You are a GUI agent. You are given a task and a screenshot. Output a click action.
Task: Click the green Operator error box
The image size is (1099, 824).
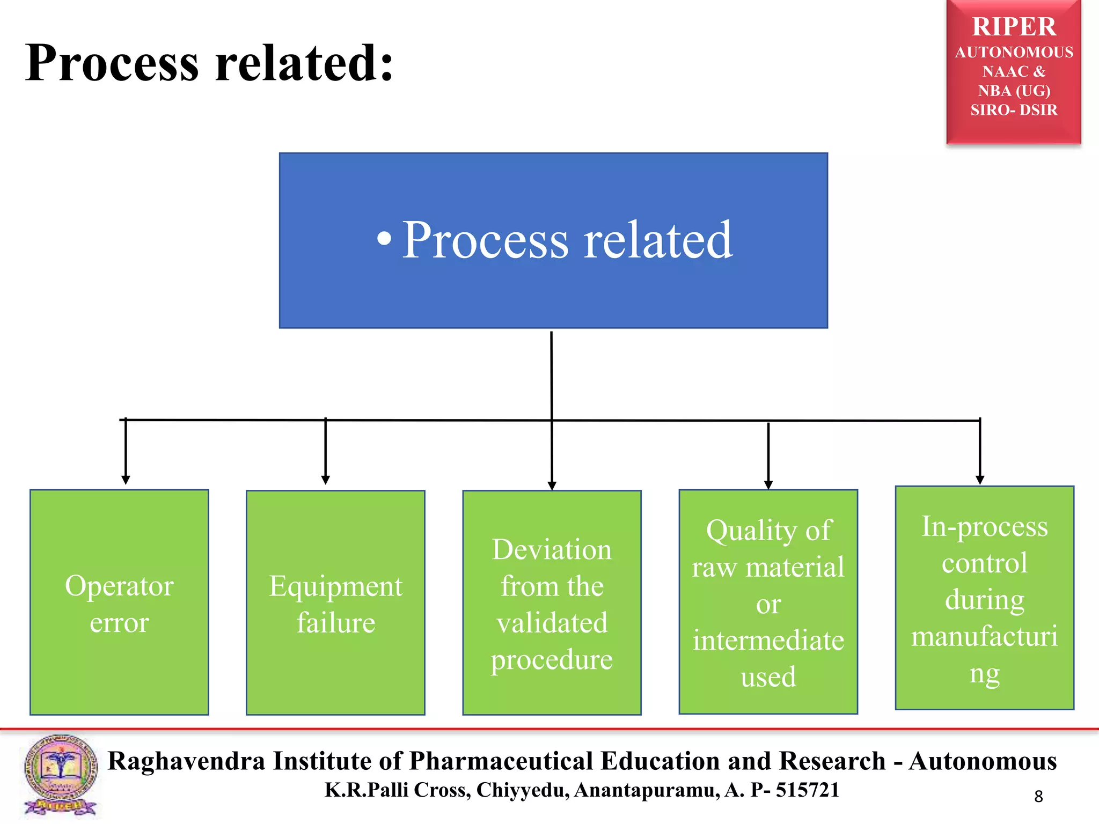pos(119,602)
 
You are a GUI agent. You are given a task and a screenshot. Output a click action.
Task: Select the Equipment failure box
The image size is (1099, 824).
pos(335,602)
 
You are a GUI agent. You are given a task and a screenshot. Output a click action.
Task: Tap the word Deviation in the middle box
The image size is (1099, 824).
pos(552,550)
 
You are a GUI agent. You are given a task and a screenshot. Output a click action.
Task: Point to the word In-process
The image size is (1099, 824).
pos(984,527)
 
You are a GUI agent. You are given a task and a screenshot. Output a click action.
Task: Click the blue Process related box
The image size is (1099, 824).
pos(553,240)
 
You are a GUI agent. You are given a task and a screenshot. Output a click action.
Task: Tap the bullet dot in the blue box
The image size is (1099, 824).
pos(384,239)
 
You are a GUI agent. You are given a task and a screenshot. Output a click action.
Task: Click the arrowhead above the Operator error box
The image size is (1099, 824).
pos(126,480)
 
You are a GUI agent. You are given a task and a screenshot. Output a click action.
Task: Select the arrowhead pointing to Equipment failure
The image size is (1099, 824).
pos(325,480)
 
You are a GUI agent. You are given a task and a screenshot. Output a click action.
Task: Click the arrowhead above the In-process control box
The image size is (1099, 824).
pos(980,480)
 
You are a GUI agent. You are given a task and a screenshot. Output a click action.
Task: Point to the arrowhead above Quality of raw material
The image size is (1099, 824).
pos(768,484)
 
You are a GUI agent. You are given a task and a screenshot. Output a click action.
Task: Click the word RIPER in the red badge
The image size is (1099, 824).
pos(1014,27)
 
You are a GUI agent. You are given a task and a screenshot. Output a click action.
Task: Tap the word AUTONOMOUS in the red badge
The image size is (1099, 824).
pos(1014,53)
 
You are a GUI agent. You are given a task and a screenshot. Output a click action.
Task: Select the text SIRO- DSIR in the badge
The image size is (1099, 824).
pos(1014,110)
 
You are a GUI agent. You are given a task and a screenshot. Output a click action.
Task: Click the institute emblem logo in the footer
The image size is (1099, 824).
pos(61,775)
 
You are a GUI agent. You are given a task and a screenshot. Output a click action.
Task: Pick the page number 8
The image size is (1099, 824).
pos(1038,797)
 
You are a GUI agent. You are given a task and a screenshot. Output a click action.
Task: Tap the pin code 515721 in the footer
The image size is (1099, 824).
pos(807,790)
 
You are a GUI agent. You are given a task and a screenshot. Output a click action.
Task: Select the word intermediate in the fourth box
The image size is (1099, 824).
pos(768,641)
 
